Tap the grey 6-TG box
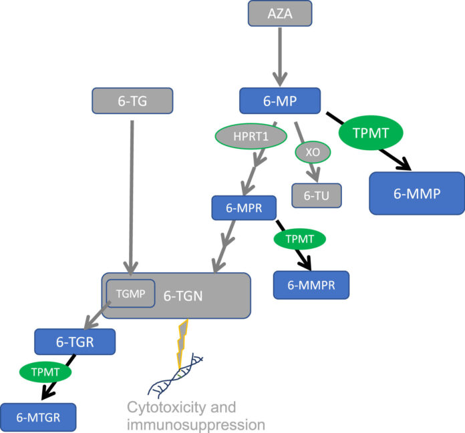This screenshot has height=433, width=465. pos(132,101)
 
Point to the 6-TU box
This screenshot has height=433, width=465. pos(317,195)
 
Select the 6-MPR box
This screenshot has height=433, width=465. pos(245,207)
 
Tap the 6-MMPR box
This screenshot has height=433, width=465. pos(311,285)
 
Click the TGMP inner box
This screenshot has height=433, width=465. pos(131,293)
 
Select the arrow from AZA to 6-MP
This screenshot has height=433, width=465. pos(279,53)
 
